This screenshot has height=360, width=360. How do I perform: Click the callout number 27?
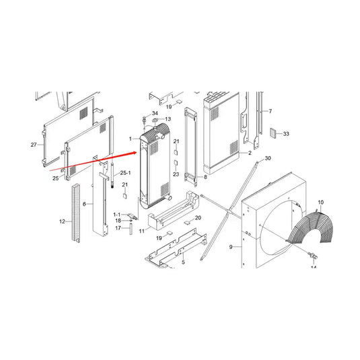(x=33, y=145)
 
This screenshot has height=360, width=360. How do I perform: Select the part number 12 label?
(x=63, y=221)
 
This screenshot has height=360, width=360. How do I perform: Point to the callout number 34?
(x=155, y=113)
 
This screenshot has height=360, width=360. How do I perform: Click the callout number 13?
(x=168, y=119)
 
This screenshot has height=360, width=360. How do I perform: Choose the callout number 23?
(x=176, y=174)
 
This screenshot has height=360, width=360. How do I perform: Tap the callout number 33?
(x=285, y=135)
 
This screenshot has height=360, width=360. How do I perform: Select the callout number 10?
(x=320, y=203)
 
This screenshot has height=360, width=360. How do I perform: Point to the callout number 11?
(x=142, y=231)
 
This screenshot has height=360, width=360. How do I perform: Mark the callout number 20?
(x=198, y=218)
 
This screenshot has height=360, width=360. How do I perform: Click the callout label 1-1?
(x=116, y=213)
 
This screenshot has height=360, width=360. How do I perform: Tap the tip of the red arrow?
(x=139, y=153)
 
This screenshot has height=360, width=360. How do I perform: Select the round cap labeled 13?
(x=155, y=123)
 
